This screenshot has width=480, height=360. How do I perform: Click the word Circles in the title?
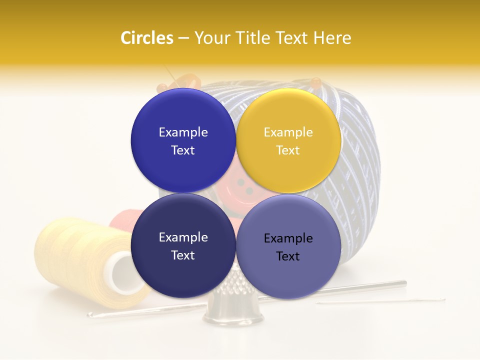tap(147, 38)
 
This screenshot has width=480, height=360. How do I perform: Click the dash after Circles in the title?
tap(183, 39)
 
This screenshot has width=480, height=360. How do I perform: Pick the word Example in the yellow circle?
tap(288, 132)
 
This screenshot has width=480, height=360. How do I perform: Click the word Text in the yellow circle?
tap(288, 150)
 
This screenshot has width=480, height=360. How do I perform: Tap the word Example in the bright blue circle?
tap(183, 132)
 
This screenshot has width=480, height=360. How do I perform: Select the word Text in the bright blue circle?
tap(183, 150)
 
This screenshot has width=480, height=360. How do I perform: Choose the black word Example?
tap(288, 238)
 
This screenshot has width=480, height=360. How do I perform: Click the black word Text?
tap(288, 256)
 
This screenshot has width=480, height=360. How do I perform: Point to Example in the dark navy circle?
tap(183, 237)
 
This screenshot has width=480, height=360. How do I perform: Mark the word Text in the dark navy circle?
tap(183, 255)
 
